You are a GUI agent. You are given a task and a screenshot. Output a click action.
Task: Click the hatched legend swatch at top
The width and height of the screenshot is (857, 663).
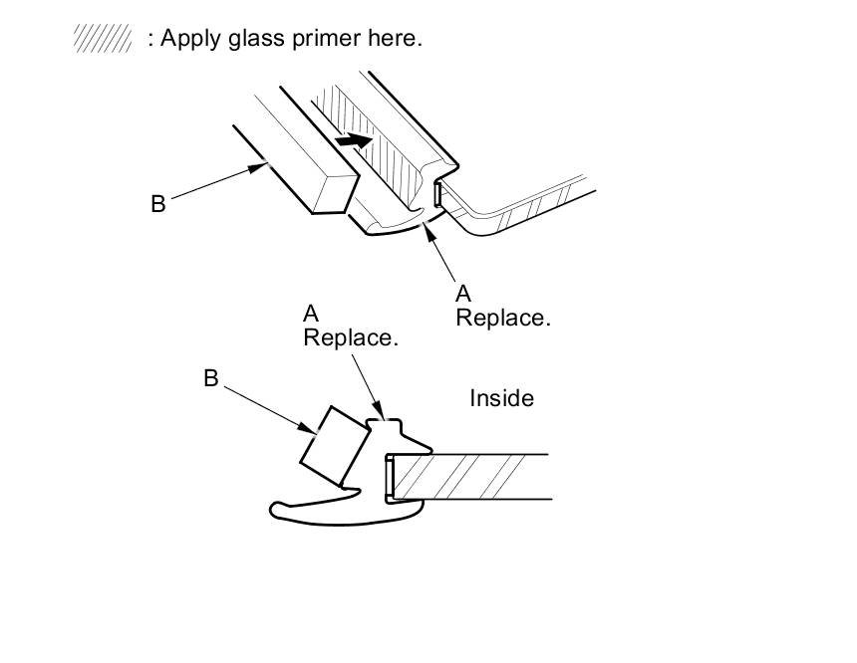103,38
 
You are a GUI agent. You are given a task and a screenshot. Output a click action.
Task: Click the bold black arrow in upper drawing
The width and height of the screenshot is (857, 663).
354,140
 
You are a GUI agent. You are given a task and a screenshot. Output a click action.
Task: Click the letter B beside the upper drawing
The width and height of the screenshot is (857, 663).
158,204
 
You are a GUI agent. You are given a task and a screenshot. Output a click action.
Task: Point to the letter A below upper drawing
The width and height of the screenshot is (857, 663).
463,294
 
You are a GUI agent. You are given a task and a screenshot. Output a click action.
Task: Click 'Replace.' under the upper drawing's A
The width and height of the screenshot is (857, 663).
503,318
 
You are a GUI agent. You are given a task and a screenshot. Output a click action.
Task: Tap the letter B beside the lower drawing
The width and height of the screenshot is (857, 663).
211,378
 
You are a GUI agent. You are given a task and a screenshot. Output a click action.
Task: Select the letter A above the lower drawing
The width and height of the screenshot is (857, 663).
311,314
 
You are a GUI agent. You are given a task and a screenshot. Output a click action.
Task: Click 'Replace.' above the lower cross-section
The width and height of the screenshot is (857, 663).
351,337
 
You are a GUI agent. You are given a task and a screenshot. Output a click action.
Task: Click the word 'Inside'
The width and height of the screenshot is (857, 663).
501,398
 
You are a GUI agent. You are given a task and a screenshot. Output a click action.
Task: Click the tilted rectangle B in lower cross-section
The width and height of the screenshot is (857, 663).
335,447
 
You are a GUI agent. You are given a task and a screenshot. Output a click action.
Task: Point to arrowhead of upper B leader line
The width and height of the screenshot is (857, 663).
258,167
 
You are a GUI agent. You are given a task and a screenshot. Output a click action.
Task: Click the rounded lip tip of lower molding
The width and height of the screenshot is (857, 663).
275,510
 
